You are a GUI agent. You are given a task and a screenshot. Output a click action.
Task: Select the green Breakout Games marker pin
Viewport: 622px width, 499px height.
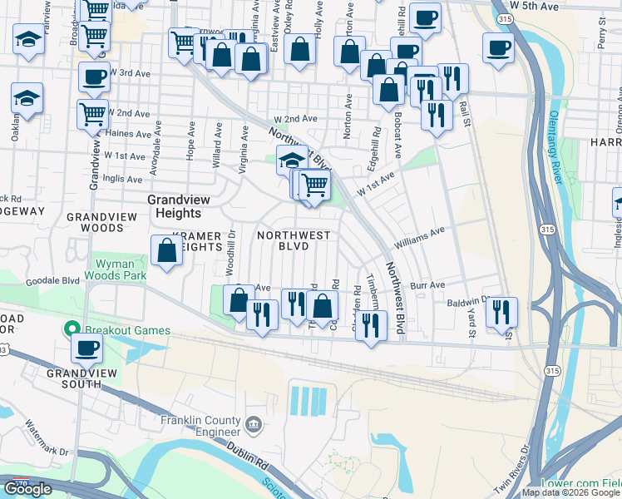tap(71, 330)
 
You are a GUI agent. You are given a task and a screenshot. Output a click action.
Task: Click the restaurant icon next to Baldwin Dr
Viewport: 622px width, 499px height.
tap(501, 312)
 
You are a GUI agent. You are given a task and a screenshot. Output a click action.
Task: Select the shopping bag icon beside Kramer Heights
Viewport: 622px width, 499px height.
tap(166, 249)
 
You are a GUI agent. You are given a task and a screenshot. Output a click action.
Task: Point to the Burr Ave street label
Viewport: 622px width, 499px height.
tap(428, 284)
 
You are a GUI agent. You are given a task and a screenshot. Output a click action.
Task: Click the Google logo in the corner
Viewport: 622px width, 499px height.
tap(28, 489)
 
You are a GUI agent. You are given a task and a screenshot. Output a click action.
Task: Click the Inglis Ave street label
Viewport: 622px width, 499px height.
tap(124, 177)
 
